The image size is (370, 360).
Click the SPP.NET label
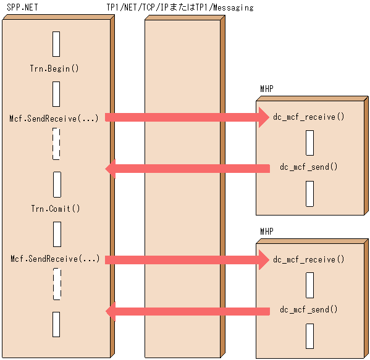pyautogui.click(x=23, y=8)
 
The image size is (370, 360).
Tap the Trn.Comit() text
pyautogui.click(x=56, y=209)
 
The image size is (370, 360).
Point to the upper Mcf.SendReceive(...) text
pyautogui.click(x=54, y=118)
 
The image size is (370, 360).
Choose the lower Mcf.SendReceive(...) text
pyautogui.click(x=55, y=259)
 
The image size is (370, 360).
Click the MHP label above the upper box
pyautogui.click(x=267, y=90)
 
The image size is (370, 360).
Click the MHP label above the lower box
pyautogui.click(x=267, y=232)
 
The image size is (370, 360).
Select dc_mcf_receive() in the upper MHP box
pyautogui.click(x=309, y=117)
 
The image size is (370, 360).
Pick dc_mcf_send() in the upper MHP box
pyautogui.click(x=309, y=167)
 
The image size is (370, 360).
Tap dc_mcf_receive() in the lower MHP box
pyautogui.click(x=309, y=259)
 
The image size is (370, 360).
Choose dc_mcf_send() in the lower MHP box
pyautogui.click(x=309, y=309)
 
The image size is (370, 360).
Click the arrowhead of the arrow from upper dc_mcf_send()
pyautogui.click(x=111, y=168)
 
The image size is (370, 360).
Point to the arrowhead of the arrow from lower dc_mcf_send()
pyautogui.click(x=111, y=311)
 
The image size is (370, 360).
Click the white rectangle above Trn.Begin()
pyautogui.click(x=56, y=44)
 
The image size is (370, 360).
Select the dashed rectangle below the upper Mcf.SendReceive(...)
pyautogui.click(x=56, y=144)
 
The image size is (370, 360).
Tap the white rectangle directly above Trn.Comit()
pyautogui.click(x=56, y=184)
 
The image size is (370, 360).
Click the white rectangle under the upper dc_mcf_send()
pyautogui.click(x=309, y=194)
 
